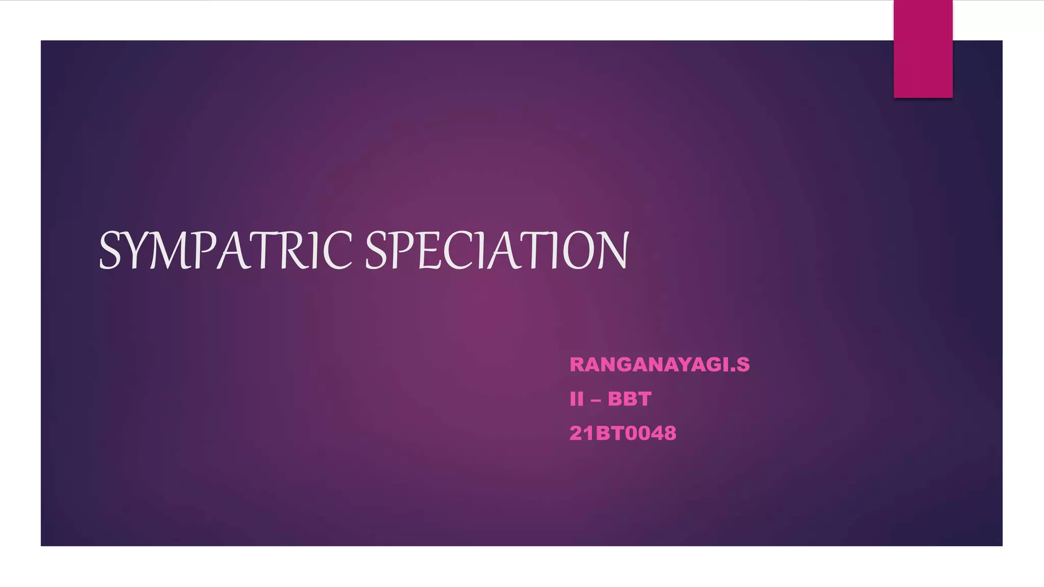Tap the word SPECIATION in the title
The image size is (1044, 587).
tap(497, 250)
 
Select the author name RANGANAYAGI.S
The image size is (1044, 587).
tap(659, 365)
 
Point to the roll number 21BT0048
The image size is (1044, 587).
tap(622, 433)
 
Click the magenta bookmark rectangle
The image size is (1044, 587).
tap(923, 49)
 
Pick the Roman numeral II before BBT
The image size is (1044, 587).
tap(576, 399)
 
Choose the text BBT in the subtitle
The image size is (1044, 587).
tap(630, 399)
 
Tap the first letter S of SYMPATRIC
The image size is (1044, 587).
tap(110, 250)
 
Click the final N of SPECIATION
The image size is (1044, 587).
tap(611, 250)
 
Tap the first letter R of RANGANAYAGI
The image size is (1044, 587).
tap(577, 365)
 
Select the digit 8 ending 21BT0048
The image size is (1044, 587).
tap(669, 433)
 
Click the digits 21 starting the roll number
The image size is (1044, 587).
tap(582, 433)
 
